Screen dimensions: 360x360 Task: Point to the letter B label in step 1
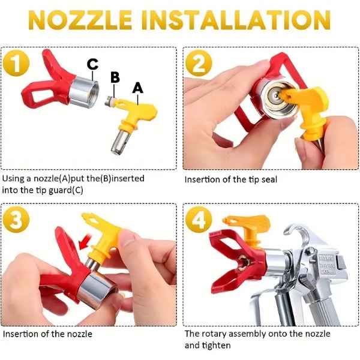click(x=115, y=77)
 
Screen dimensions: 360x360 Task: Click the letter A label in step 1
click(x=138, y=88)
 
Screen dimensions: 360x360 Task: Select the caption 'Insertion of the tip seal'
click(x=231, y=179)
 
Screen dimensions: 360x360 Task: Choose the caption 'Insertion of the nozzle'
click(x=47, y=334)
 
